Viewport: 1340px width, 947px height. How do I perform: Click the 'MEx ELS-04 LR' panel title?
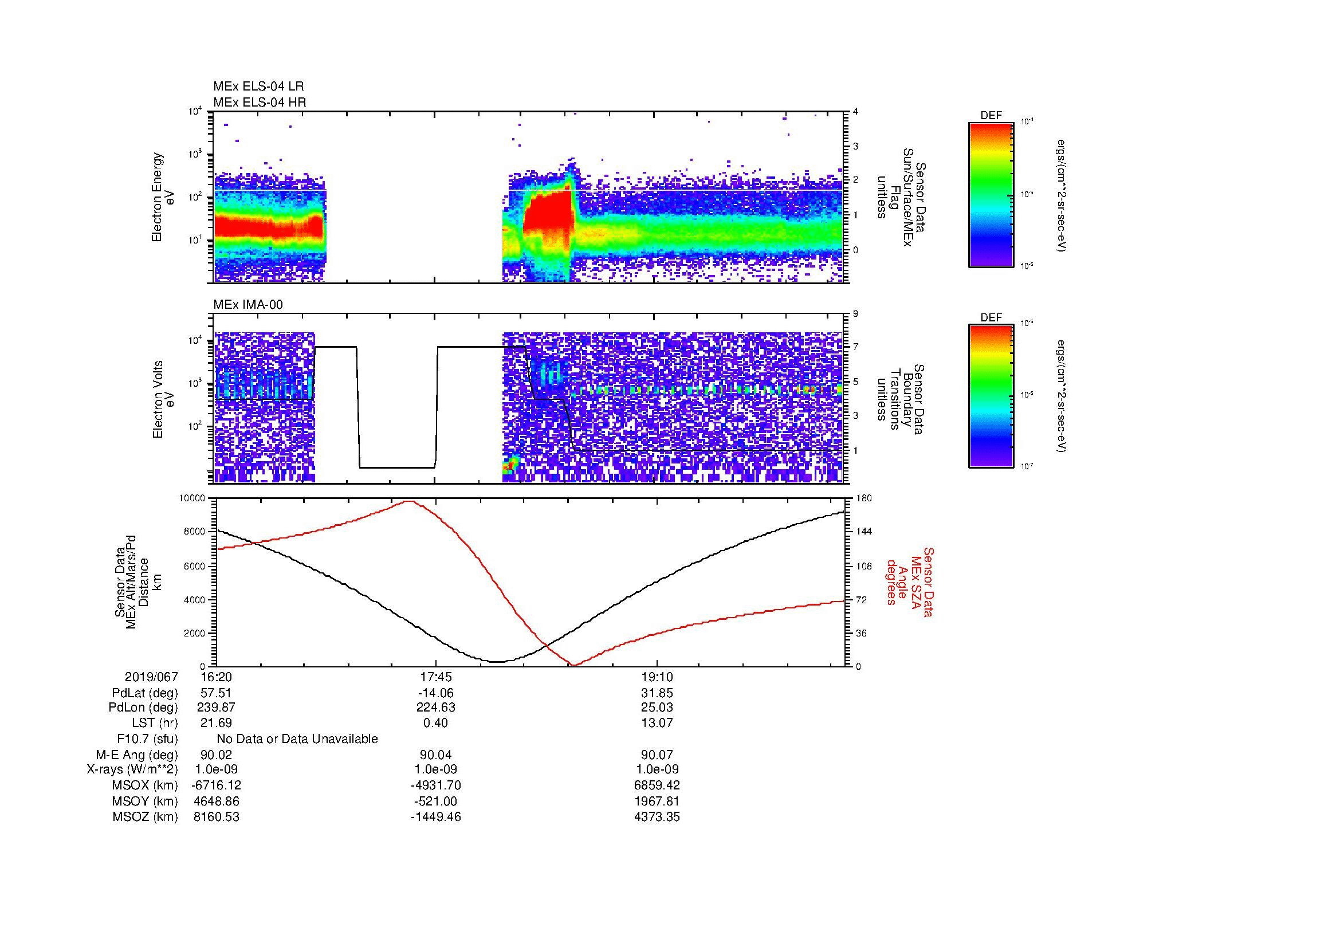coord(258,87)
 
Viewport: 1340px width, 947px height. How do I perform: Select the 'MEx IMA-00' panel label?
coord(247,305)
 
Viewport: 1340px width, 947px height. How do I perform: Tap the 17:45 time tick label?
coord(435,677)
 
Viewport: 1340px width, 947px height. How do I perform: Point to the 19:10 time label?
coord(657,677)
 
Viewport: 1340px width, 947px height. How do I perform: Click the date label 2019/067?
coord(151,677)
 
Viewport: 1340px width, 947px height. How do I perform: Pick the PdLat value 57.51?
coord(216,693)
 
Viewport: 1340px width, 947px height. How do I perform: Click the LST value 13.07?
coord(657,723)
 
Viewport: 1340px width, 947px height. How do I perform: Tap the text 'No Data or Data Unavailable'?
coord(297,739)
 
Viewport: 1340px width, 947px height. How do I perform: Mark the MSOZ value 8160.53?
coord(216,817)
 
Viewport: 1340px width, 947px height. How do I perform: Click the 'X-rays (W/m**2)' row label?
coord(132,769)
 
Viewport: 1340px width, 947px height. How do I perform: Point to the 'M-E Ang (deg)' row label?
coord(136,755)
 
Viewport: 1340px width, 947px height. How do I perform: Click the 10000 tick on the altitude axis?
coord(192,499)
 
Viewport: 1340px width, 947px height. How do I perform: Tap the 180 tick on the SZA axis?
coord(863,499)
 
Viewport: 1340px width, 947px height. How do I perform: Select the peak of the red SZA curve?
coord(410,501)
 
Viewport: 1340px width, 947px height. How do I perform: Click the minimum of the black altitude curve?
coord(496,662)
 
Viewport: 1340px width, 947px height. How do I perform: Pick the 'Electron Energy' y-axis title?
coord(157,197)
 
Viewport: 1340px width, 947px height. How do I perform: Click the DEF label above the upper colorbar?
coord(991,116)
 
